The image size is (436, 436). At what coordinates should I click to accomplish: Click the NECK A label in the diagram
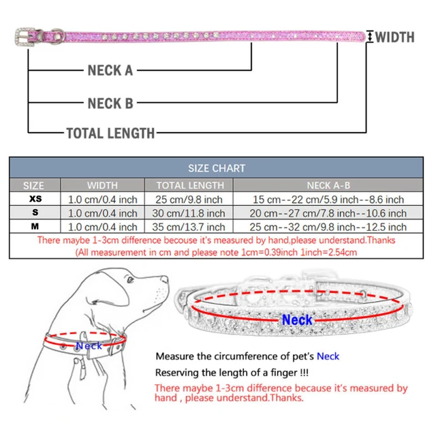tap(110, 70)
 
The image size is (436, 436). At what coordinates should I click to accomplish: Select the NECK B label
tap(110, 104)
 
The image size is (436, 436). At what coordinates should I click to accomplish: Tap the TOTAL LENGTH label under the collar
tap(110, 133)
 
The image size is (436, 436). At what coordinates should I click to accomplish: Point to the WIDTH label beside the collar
tap(394, 37)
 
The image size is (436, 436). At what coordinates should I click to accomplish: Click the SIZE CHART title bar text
tap(217, 168)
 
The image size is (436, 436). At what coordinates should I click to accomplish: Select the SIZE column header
tap(33, 185)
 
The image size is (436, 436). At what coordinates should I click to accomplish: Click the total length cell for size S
tap(189, 213)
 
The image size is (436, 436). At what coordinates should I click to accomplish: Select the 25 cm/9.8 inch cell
tap(189, 199)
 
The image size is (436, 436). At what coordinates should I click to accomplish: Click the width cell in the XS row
tap(103, 199)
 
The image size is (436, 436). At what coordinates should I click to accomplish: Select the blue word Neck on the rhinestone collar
tap(297, 320)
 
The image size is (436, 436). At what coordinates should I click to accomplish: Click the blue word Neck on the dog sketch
tap(89, 345)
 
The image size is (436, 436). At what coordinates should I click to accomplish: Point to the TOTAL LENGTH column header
tap(189, 185)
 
